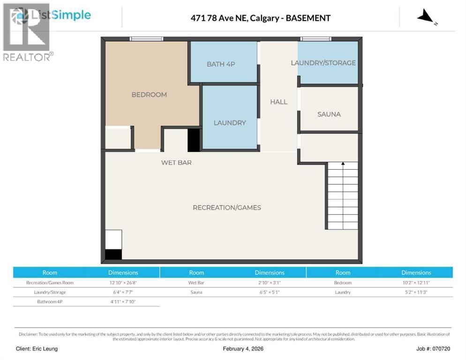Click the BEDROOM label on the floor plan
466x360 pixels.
pyautogui.click(x=149, y=95)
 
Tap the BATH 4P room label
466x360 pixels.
pyautogui.click(x=221, y=64)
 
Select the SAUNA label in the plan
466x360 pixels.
pyautogui.click(x=329, y=114)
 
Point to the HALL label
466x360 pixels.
pyautogui.click(x=278, y=102)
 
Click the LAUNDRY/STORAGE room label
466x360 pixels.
pyautogui.click(x=323, y=63)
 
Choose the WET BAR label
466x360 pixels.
pyautogui.click(x=176, y=163)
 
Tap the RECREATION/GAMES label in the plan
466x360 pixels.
pyautogui.click(x=227, y=208)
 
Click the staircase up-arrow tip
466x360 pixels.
pyautogui.click(x=343, y=164)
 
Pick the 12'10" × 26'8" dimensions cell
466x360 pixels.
pyautogui.click(x=123, y=283)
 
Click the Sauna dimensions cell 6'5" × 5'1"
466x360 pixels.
pyautogui.click(x=270, y=292)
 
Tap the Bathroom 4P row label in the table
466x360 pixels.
pyautogui.click(x=50, y=301)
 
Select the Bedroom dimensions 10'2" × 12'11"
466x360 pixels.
pyautogui.click(x=416, y=283)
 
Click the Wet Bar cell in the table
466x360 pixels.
pyautogui.click(x=196, y=283)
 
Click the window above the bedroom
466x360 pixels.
pyautogui.click(x=146, y=39)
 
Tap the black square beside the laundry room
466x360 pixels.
pyautogui.click(x=194, y=140)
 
